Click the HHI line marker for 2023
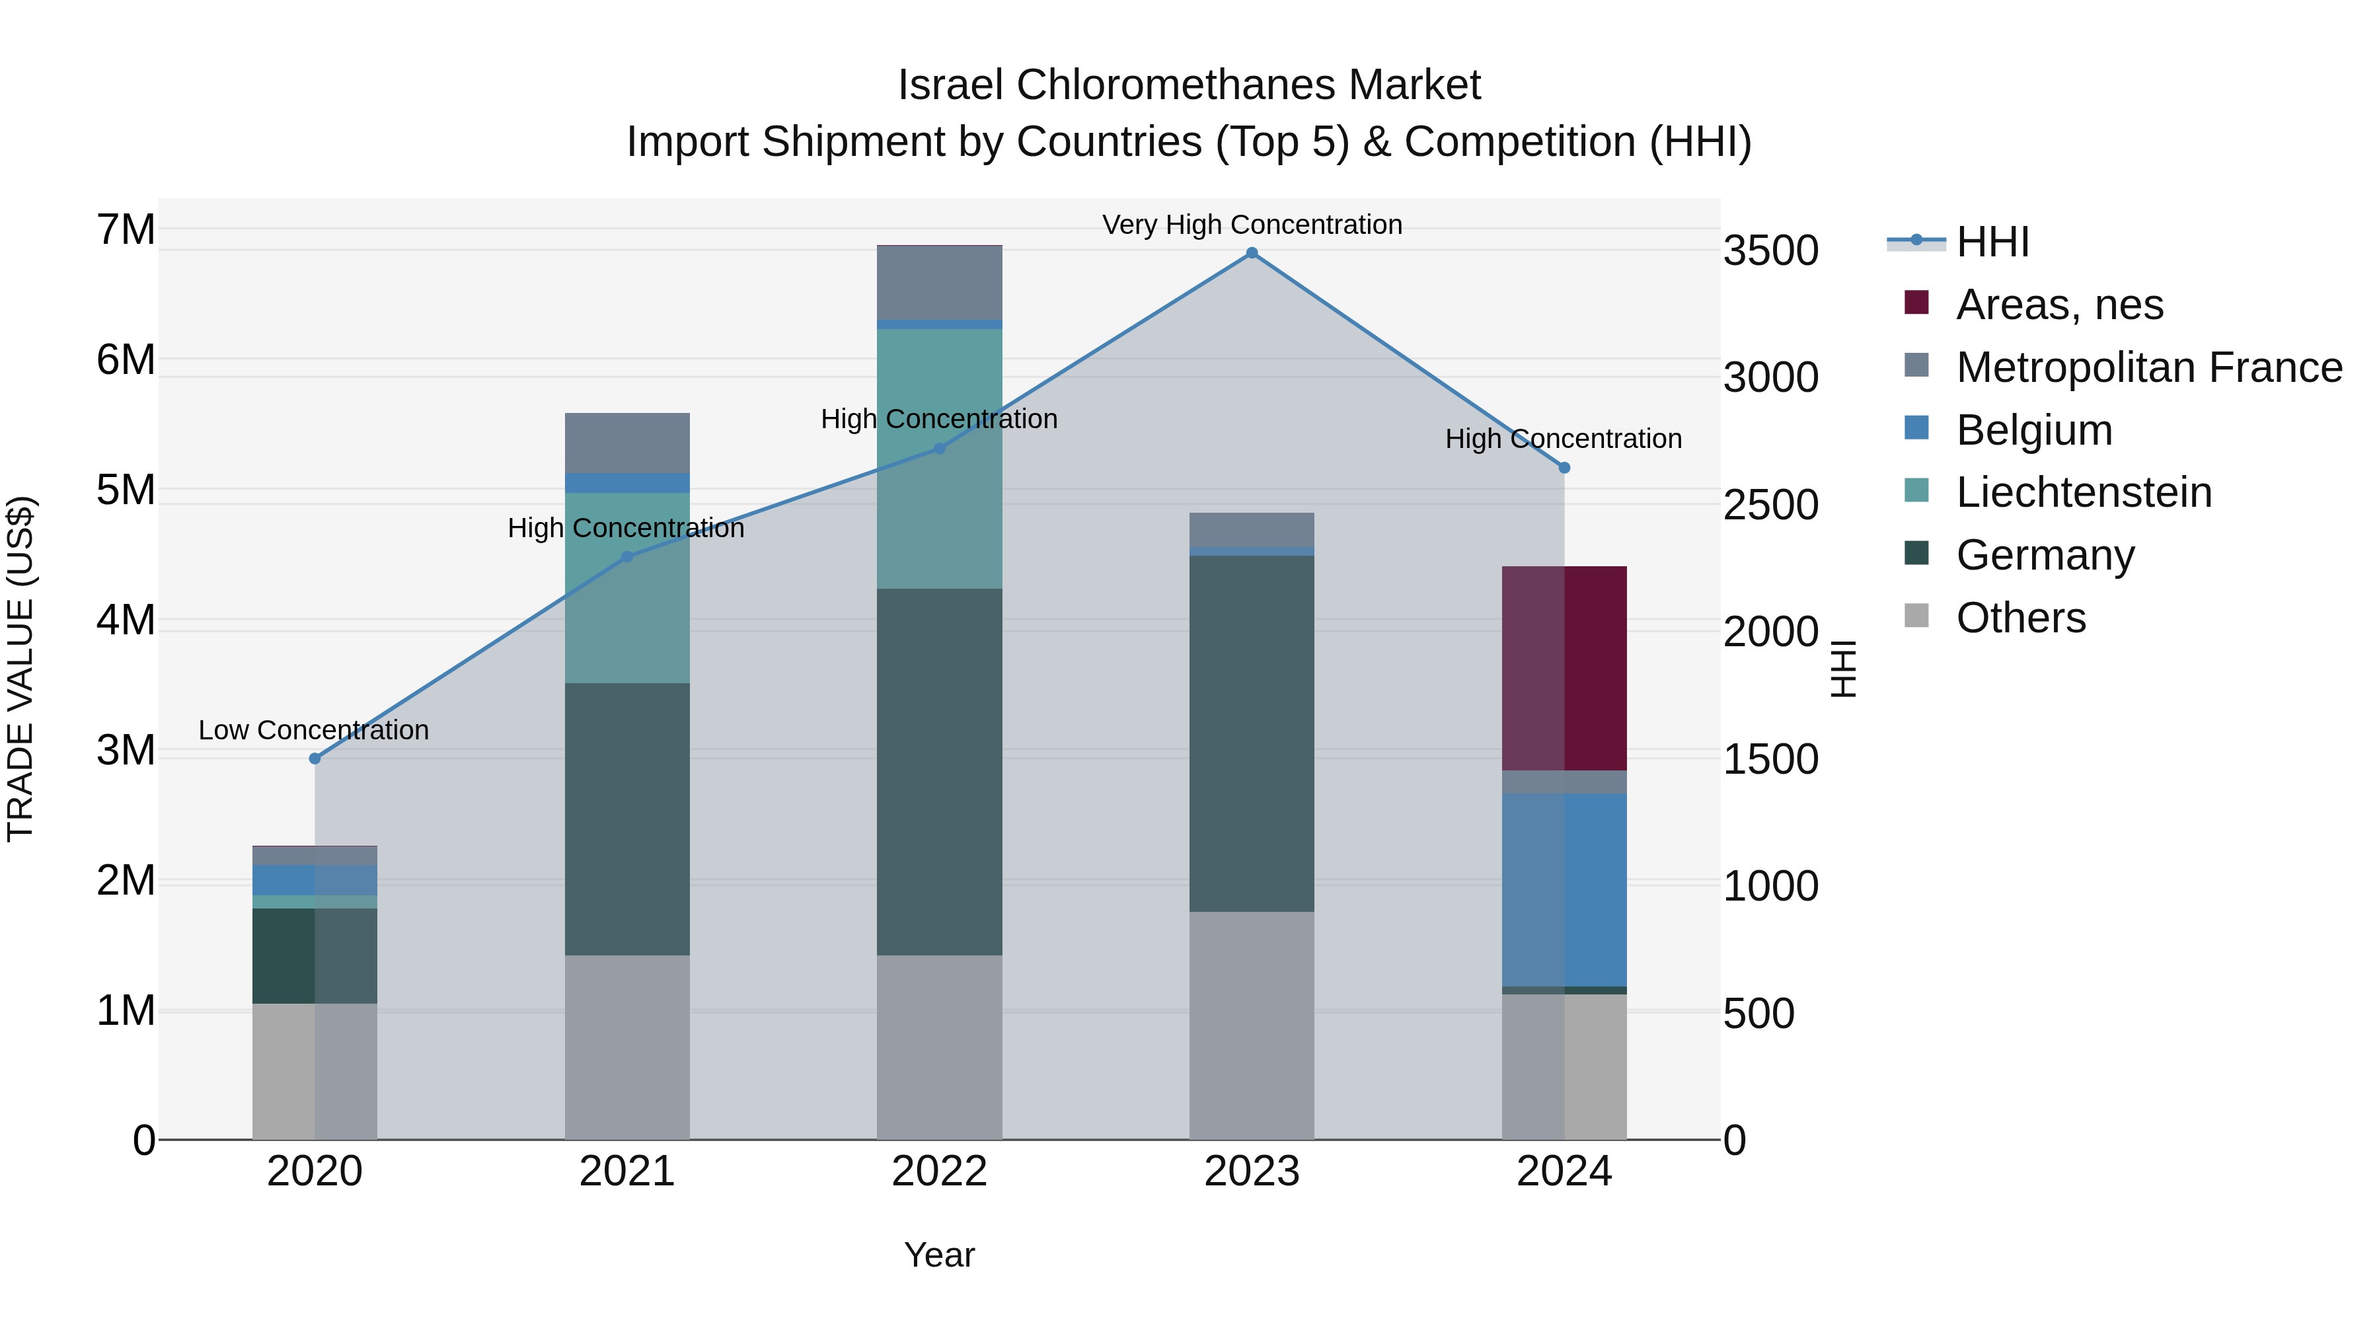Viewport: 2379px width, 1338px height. click(x=1252, y=253)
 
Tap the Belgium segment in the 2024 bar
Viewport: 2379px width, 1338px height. click(x=1564, y=889)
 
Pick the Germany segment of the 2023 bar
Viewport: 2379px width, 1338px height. click(x=1252, y=733)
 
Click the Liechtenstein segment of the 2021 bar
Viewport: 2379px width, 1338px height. click(x=627, y=588)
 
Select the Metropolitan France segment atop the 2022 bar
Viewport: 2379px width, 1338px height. click(x=939, y=283)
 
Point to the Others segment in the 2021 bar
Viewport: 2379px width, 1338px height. click(x=627, y=1047)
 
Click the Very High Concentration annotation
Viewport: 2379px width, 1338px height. click(x=1252, y=225)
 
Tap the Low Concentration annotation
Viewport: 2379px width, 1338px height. click(x=314, y=730)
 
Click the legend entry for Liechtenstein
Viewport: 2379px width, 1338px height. click(x=2084, y=492)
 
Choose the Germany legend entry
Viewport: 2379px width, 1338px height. click(x=2045, y=555)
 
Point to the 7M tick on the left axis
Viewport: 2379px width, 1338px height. click(x=126, y=230)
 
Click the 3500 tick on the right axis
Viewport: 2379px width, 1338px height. click(x=1770, y=251)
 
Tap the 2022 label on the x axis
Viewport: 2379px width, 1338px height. click(x=939, y=1171)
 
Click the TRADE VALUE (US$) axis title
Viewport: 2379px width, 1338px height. click(x=20, y=669)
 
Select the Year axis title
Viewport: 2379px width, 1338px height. click(x=939, y=1255)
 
